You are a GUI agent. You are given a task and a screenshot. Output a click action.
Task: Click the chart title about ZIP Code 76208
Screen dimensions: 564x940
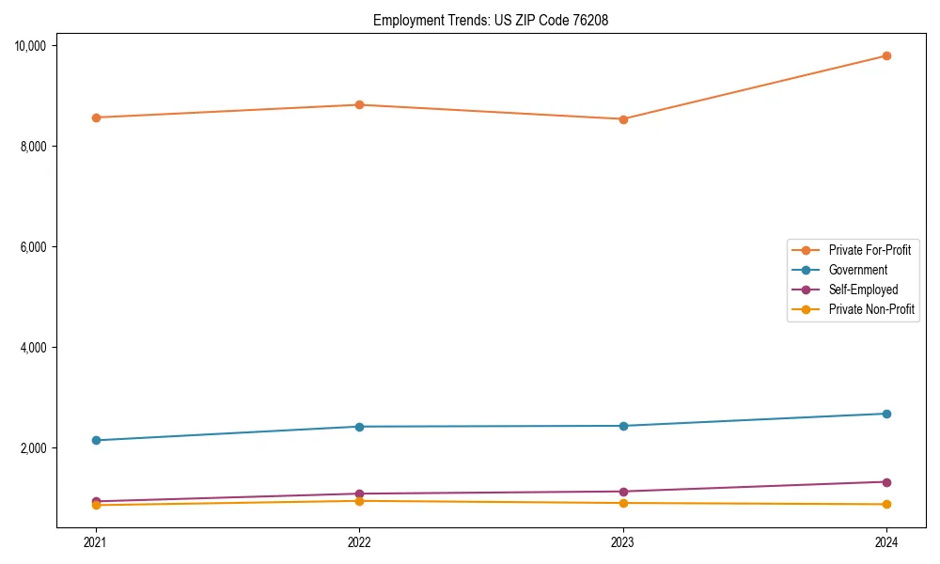tap(490, 20)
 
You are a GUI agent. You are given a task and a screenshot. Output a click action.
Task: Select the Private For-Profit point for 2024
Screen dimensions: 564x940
tap(886, 55)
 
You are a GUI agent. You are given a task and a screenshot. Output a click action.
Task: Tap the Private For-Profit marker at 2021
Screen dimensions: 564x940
tap(96, 117)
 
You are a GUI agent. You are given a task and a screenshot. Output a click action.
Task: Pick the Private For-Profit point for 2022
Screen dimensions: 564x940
tap(359, 104)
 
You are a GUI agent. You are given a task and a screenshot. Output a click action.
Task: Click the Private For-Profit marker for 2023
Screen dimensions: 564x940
tap(622, 119)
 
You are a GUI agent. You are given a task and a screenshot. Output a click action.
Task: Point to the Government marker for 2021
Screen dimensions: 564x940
tap(96, 440)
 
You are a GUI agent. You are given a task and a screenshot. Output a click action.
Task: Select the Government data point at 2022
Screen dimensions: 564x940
tap(359, 427)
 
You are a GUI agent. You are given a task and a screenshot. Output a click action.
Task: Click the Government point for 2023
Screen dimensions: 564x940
tap(622, 426)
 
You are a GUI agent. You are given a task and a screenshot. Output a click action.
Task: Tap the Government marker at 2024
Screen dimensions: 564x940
tap(886, 414)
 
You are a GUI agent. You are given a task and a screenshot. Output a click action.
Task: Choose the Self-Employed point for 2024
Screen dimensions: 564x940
tap(886, 482)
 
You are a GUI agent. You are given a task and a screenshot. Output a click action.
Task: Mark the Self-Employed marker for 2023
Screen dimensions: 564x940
tap(622, 492)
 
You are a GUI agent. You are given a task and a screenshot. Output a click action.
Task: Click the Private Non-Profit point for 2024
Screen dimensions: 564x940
tap(886, 505)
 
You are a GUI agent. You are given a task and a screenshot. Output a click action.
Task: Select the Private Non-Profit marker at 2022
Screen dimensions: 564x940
tap(359, 501)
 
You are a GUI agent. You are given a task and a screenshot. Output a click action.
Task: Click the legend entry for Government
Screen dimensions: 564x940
tap(857, 270)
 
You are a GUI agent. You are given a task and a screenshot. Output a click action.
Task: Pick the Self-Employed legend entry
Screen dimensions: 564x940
tap(863, 290)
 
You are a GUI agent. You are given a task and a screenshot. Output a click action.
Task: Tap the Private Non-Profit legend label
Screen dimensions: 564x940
tap(871, 309)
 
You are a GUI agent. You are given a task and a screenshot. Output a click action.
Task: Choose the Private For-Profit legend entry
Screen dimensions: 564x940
tap(869, 250)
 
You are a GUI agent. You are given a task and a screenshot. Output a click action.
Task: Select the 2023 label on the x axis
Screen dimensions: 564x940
tap(622, 541)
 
